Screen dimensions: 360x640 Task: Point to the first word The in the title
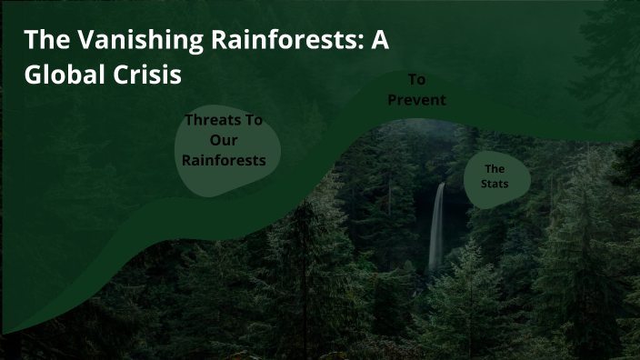pyautogui.click(x=42, y=40)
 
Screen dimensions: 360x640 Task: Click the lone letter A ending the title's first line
pyautogui.click(x=381, y=40)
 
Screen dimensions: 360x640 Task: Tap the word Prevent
pyautogui.click(x=416, y=100)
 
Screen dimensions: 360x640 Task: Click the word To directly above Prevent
pyautogui.click(x=416, y=80)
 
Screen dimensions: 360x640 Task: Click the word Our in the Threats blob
pyautogui.click(x=224, y=140)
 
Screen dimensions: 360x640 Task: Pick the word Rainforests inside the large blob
pyautogui.click(x=224, y=160)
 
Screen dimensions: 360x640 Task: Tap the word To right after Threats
pyautogui.click(x=255, y=120)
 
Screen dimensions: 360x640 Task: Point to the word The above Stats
pyautogui.click(x=495, y=169)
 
